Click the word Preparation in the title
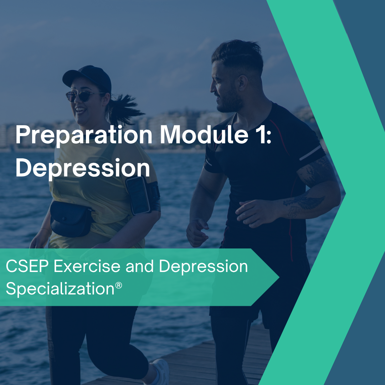[x=84, y=136]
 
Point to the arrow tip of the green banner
[x=277, y=277]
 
